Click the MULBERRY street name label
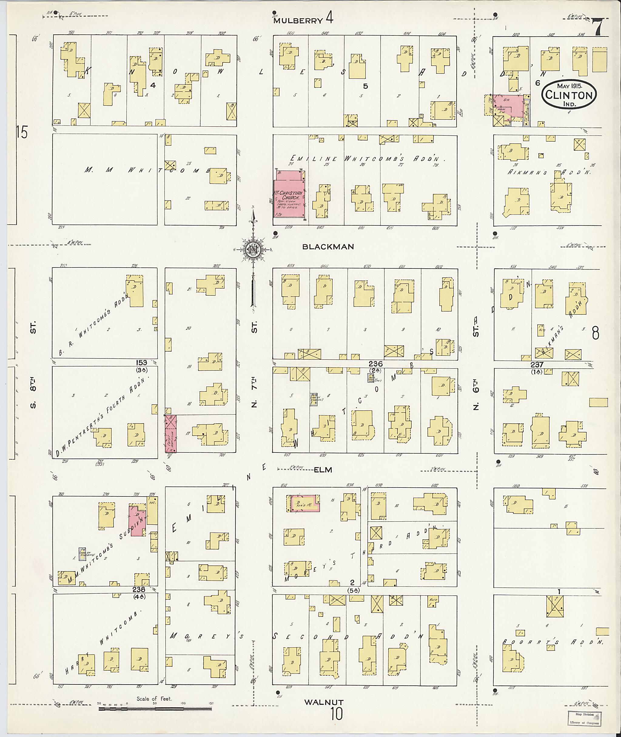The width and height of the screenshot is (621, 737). tap(298, 20)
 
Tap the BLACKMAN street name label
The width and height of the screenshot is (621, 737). tap(328, 247)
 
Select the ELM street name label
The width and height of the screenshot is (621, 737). tap(323, 470)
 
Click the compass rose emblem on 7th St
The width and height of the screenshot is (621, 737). tap(253, 249)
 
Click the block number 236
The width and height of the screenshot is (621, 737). tap(375, 363)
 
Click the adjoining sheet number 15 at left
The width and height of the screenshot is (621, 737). tap(22, 133)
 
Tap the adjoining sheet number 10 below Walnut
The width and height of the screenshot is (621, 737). tap(336, 714)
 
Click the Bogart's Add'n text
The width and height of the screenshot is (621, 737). tap(553, 642)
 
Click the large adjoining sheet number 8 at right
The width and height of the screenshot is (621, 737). tap(595, 333)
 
